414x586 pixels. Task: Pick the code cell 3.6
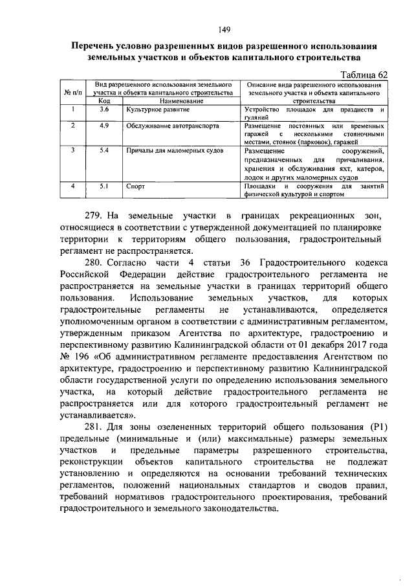click(x=104, y=109)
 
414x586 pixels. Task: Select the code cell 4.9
click(x=104, y=126)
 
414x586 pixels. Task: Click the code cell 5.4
click(x=104, y=150)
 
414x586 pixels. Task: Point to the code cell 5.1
click(x=104, y=186)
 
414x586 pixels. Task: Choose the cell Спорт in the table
click(x=135, y=186)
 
